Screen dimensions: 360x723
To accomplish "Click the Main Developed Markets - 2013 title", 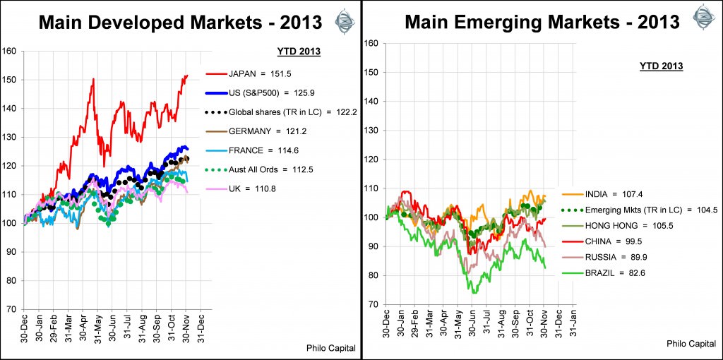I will tap(180, 22).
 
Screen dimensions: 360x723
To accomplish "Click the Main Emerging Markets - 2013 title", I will tap(542, 22).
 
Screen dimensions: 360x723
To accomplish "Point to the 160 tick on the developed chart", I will tap(9, 51).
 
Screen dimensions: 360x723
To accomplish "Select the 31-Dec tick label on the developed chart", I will tap(201, 328).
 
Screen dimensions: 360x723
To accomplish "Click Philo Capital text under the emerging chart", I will tap(691, 343).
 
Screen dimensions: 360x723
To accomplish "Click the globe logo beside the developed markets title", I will tap(344, 18).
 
